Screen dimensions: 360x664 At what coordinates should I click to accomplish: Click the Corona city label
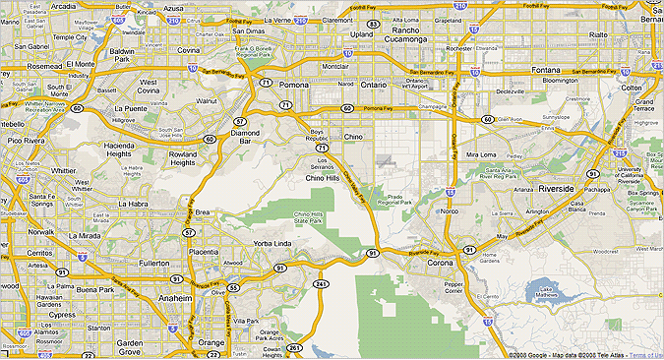[439, 264]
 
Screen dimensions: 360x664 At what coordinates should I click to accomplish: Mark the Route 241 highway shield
[320, 283]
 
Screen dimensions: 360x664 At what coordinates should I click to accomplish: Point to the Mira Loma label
[481, 154]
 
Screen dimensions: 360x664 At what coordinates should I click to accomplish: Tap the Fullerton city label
[152, 264]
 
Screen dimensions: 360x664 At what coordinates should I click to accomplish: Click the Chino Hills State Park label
[309, 218]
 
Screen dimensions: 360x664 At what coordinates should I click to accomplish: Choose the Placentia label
[203, 252]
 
